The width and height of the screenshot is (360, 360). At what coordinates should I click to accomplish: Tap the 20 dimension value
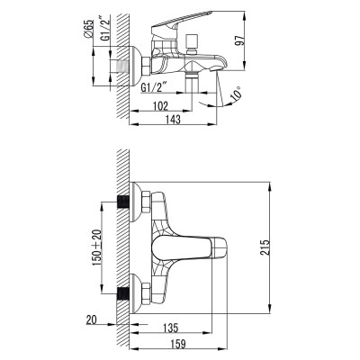pos(93,319)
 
